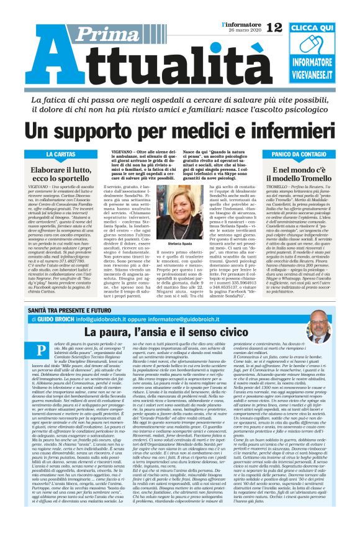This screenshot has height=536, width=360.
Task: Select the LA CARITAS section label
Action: [x=60, y=153]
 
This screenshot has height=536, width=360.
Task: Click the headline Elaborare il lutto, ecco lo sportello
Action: [x=60, y=175]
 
